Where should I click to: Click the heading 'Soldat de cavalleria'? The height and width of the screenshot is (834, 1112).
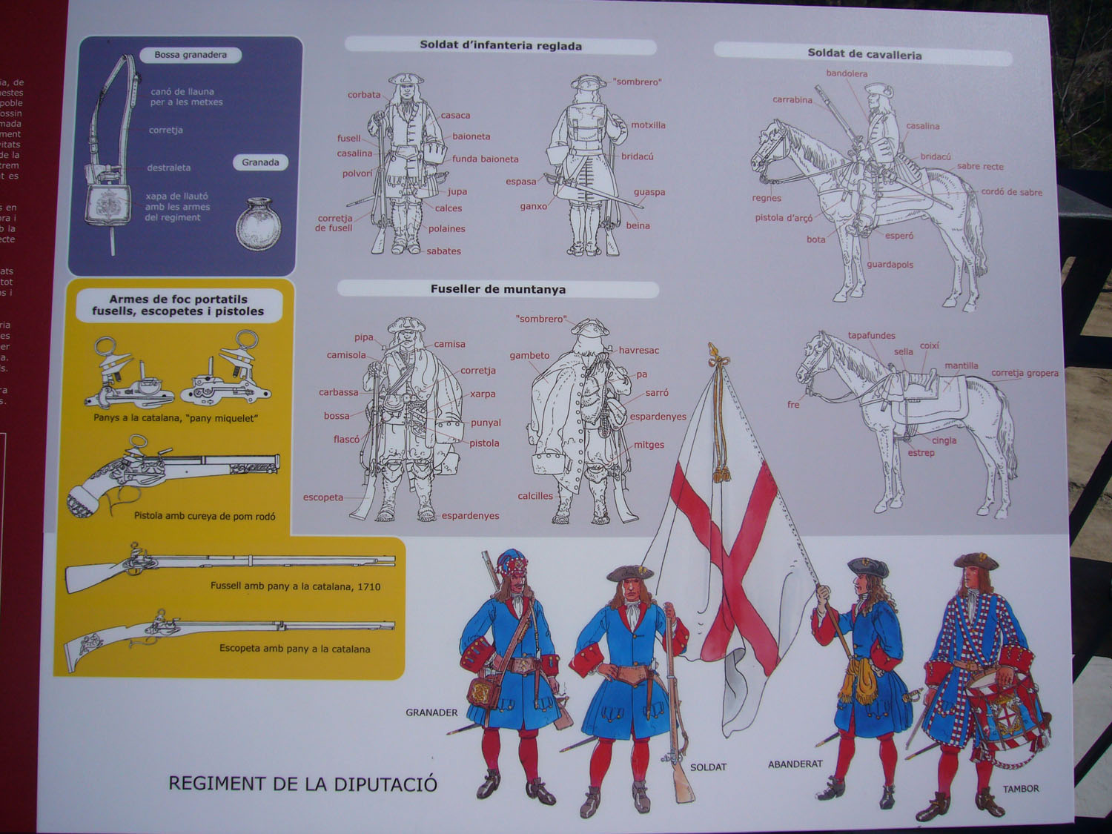pos(864,55)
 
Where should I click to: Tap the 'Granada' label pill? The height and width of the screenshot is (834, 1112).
pos(260,162)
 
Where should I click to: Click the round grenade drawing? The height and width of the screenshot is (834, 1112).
pos(259,223)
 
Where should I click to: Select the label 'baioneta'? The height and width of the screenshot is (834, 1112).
pos(471,136)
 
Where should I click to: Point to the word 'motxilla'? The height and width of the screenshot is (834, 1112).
pos(648,125)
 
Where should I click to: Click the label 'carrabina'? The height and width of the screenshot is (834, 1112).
pos(792,100)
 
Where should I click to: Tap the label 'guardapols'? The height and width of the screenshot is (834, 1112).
pos(890,265)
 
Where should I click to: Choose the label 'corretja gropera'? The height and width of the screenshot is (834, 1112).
pos(1025,373)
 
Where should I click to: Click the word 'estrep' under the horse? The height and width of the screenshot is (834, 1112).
pos(921,453)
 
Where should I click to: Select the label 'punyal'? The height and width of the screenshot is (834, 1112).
pos(486,423)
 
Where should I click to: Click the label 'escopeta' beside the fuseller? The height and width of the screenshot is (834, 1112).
pos(323,497)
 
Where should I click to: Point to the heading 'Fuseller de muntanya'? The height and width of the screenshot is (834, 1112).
pos(497,289)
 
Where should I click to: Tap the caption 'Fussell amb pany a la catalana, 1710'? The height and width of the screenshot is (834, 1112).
pos(295,586)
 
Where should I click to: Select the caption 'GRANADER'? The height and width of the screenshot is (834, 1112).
pos(431,712)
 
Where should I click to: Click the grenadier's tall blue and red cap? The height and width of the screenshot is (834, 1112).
pos(512,566)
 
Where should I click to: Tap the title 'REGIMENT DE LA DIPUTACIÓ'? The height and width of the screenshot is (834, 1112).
pos(302,784)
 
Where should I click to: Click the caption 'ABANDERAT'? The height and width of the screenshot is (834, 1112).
pos(795,764)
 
